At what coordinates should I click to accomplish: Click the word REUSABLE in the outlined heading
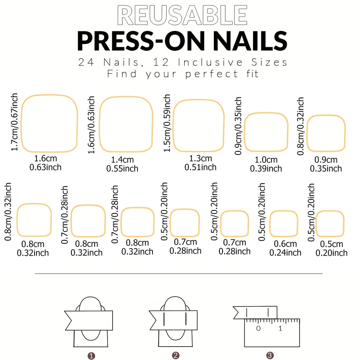182,15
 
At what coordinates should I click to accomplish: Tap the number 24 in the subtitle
86,63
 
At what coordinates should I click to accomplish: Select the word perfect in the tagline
212,74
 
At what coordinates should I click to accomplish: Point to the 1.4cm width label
122,160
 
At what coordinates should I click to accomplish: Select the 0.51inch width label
200,167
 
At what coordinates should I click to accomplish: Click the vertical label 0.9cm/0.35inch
238,126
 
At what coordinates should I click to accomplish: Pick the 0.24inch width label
285,253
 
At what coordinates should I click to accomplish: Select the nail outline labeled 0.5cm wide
329,224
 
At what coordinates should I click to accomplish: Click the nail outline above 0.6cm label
284,224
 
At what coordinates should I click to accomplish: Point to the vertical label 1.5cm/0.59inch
167,123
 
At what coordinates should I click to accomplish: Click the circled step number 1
91,355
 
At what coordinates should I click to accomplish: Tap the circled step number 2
175,355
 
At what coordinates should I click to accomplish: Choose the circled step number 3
270,355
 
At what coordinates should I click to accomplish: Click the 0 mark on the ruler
258,329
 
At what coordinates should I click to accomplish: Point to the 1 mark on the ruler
280,329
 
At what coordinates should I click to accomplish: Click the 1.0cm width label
266,160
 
